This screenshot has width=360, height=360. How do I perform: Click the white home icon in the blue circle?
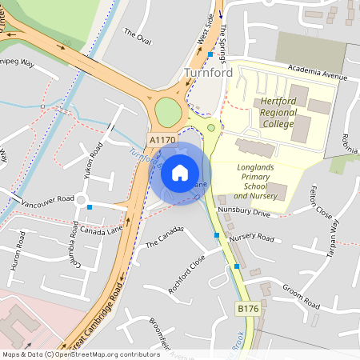(x=180, y=172)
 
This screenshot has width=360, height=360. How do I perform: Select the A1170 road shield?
(x=162, y=140)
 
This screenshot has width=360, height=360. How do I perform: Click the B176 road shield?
(x=248, y=308)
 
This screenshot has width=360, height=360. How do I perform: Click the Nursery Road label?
(x=251, y=238)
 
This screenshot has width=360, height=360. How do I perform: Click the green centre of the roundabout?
(x=168, y=111)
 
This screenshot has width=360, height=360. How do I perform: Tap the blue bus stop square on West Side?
(x=210, y=54)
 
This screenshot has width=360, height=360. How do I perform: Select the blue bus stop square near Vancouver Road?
(x=90, y=207)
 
